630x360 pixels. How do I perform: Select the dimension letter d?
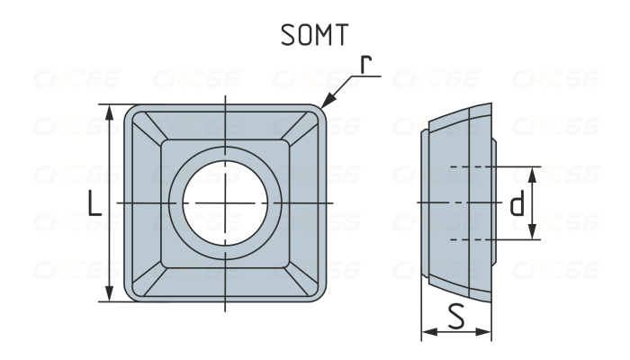click(x=517, y=204)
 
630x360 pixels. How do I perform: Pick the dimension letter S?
click(x=456, y=318)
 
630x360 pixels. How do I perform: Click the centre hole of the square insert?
click(x=224, y=203)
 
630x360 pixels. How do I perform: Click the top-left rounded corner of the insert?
click(x=131, y=112)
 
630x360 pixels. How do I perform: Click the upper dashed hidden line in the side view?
click(x=468, y=168)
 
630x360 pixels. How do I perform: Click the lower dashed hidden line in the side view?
click(x=468, y=238)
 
